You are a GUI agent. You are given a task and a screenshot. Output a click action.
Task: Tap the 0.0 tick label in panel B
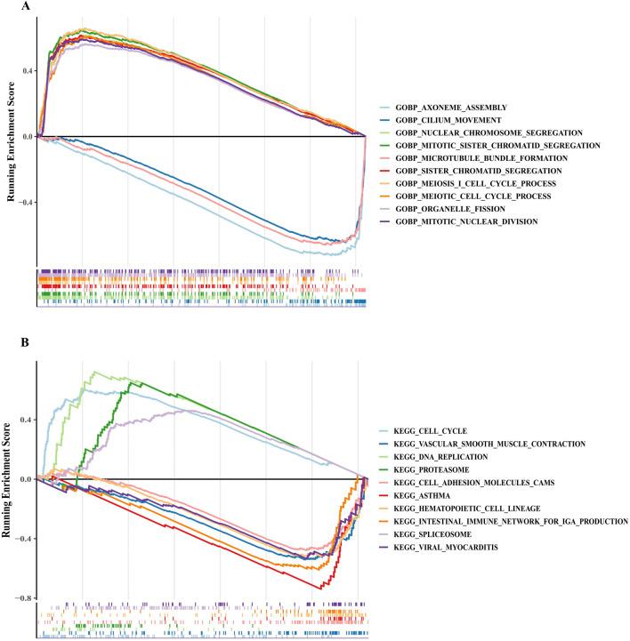click(26, 479)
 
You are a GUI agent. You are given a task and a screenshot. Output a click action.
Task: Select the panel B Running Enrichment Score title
click(9, 478)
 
